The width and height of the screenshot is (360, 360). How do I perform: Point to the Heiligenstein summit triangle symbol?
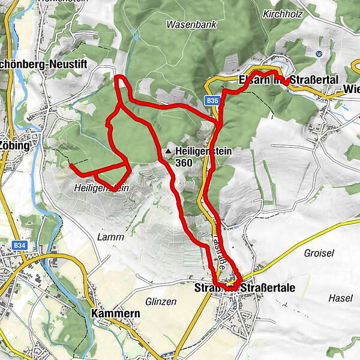170,152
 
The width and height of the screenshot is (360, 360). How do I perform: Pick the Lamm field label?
110,237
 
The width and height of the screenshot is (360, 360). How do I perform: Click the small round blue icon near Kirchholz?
319,53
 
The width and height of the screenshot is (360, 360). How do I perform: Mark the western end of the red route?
71,164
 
